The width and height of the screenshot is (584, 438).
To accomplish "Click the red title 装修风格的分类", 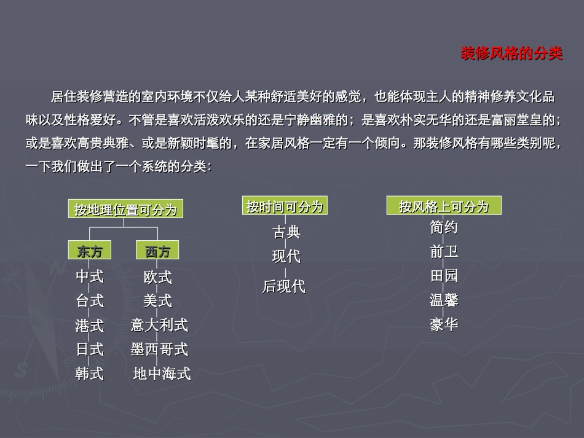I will tap(511, 54).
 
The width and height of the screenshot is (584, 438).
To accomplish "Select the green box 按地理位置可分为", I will tap(126, 209).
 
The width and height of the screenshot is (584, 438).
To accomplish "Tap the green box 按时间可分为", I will tap(285, 206).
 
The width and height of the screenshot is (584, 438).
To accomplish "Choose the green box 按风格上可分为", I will tap(444, 206).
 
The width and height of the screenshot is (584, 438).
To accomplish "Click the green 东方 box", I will tap(90, 251).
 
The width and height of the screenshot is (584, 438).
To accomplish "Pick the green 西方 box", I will tap(157, 251).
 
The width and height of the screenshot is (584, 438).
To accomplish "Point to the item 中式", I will tap(90, 277).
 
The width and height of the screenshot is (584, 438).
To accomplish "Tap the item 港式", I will tap(90, 325).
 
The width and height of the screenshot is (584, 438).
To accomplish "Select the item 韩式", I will tap(90, 373).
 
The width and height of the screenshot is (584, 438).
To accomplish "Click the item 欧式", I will tap(158, 277).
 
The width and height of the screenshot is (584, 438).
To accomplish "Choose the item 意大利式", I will tap(159, 325).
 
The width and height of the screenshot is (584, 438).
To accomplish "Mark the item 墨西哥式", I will tap(159, 350).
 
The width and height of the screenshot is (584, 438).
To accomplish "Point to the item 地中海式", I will tap(162, 373).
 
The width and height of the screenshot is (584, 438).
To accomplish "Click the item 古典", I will tap(286, 232).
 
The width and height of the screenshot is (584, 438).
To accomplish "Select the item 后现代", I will tap(284, 286).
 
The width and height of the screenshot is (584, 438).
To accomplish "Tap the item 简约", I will tap(444, 227).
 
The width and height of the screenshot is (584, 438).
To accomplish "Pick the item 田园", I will tap(444, 276).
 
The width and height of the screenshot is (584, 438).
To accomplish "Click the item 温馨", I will tap(444, 300).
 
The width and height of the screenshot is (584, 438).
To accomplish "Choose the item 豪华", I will tap(444, 324).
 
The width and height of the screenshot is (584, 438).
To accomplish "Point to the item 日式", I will tap(90, 350).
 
